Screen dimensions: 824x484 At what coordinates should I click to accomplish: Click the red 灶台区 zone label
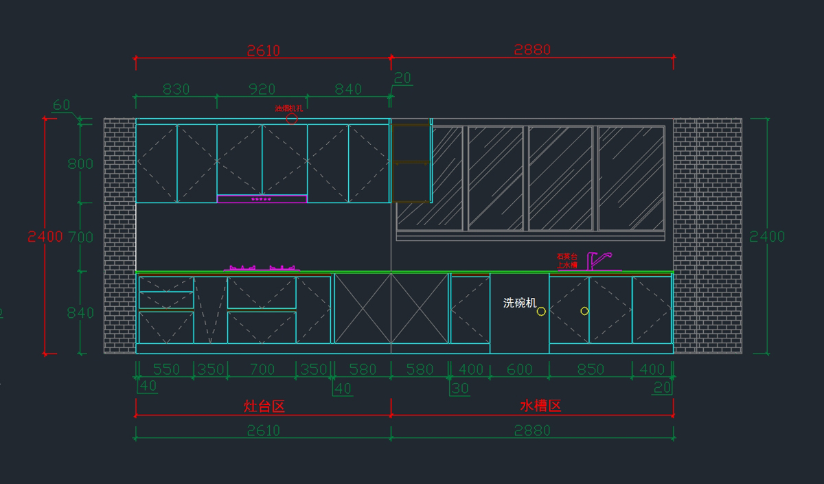click(x=264, y=406)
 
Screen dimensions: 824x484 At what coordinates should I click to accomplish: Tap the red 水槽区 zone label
click(x=540, y=406)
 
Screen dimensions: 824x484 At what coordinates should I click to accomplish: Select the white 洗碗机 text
click(x=520, y=303)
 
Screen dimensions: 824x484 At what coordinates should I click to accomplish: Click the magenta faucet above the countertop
click(x=598, y=261)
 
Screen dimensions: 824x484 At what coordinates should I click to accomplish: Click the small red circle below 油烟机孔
click(x=292, y=118)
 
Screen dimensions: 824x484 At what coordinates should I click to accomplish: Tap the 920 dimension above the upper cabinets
click(x=262, y=89)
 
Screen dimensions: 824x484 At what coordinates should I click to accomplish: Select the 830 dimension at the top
click(x=176, y=89)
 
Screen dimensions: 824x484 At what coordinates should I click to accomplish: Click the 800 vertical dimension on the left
click(x=80, y=163)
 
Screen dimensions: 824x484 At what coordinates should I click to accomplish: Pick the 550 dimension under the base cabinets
click(x=166, y=369)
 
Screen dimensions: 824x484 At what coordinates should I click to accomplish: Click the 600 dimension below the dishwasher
click(x=519, y=369)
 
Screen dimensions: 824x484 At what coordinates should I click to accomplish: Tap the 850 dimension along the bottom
click(x=590, y=369)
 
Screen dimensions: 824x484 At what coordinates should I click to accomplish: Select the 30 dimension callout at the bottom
click(x=459, y=388)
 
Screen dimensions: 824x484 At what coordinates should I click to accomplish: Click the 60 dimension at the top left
click(x=62, y=105)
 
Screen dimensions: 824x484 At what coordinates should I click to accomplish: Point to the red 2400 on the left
click(x=45, y=237)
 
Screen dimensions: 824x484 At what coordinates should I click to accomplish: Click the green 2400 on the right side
click(x=766, y=237)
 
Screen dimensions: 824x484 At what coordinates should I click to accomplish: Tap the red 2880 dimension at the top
click(x=532, y=49)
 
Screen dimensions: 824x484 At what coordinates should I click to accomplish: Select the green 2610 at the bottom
click(x=263, y=430)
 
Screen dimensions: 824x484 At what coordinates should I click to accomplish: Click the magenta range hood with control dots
click(x=262, y=199)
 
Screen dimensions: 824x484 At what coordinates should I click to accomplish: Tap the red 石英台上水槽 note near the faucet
click(x=567, y=260)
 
